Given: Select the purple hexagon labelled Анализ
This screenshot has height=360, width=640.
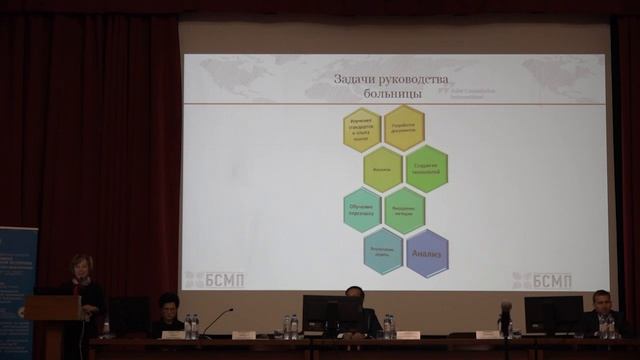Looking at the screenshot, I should click(427, 253).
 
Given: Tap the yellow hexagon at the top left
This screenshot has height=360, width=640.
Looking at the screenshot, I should click(362, 129).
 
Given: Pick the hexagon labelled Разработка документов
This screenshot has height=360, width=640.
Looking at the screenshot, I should click(404, 127).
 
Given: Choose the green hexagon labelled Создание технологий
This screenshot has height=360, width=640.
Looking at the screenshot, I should click(426, 169).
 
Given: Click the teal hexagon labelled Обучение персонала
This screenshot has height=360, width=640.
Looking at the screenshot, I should click(362, 210).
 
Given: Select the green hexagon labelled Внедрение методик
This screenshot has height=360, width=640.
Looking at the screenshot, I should click(405, 211).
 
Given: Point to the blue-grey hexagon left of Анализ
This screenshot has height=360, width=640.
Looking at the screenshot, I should click(383, 251).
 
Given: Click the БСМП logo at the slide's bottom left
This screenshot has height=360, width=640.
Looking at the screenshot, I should click(214, 280).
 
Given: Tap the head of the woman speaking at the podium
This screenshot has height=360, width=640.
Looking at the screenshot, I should click(79, 267).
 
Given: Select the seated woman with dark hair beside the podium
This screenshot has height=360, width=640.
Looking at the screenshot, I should click(168, 312).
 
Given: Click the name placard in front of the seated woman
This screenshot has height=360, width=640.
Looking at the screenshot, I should click(173, 335).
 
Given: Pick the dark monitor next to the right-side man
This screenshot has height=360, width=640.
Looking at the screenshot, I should click(553, 314).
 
